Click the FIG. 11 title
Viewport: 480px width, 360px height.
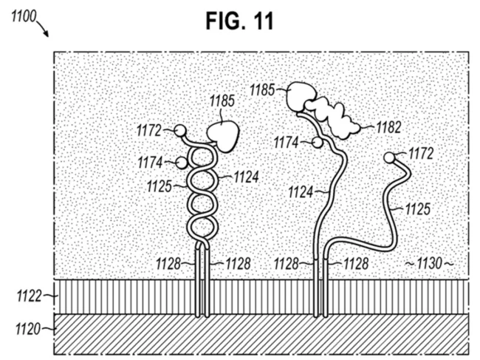(x=239, y=20)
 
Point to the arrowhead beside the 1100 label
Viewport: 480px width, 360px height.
(x=48, y=34)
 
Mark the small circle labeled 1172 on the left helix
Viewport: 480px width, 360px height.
(x=180, y=131)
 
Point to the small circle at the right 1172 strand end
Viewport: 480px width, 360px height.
(x=389, y=157)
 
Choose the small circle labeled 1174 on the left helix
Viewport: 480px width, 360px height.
(x=182, y=162)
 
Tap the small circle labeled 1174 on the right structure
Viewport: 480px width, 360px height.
(x=318, y=143)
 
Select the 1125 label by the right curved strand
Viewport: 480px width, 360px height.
(x=418, y=209)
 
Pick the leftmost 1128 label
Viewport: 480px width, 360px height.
(x=170, y=262)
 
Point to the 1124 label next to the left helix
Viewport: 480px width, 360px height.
(x=245, y=176)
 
